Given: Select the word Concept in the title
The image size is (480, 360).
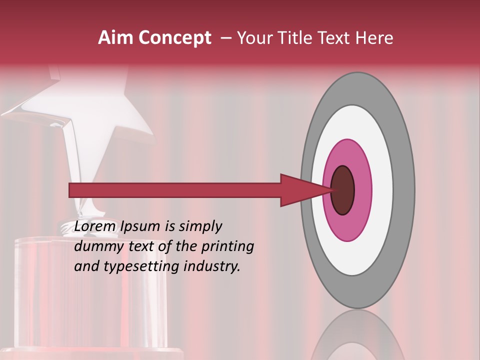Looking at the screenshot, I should pyautogui.click(x=174, y=38).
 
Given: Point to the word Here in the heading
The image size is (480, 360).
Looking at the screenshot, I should pyautogui.click(x=374, y=38).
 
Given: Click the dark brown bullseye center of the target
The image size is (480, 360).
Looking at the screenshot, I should pyautogui.click(x=343, y=190).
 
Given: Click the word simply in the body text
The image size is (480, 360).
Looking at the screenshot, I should pyautogui.click(x=200, y=226).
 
